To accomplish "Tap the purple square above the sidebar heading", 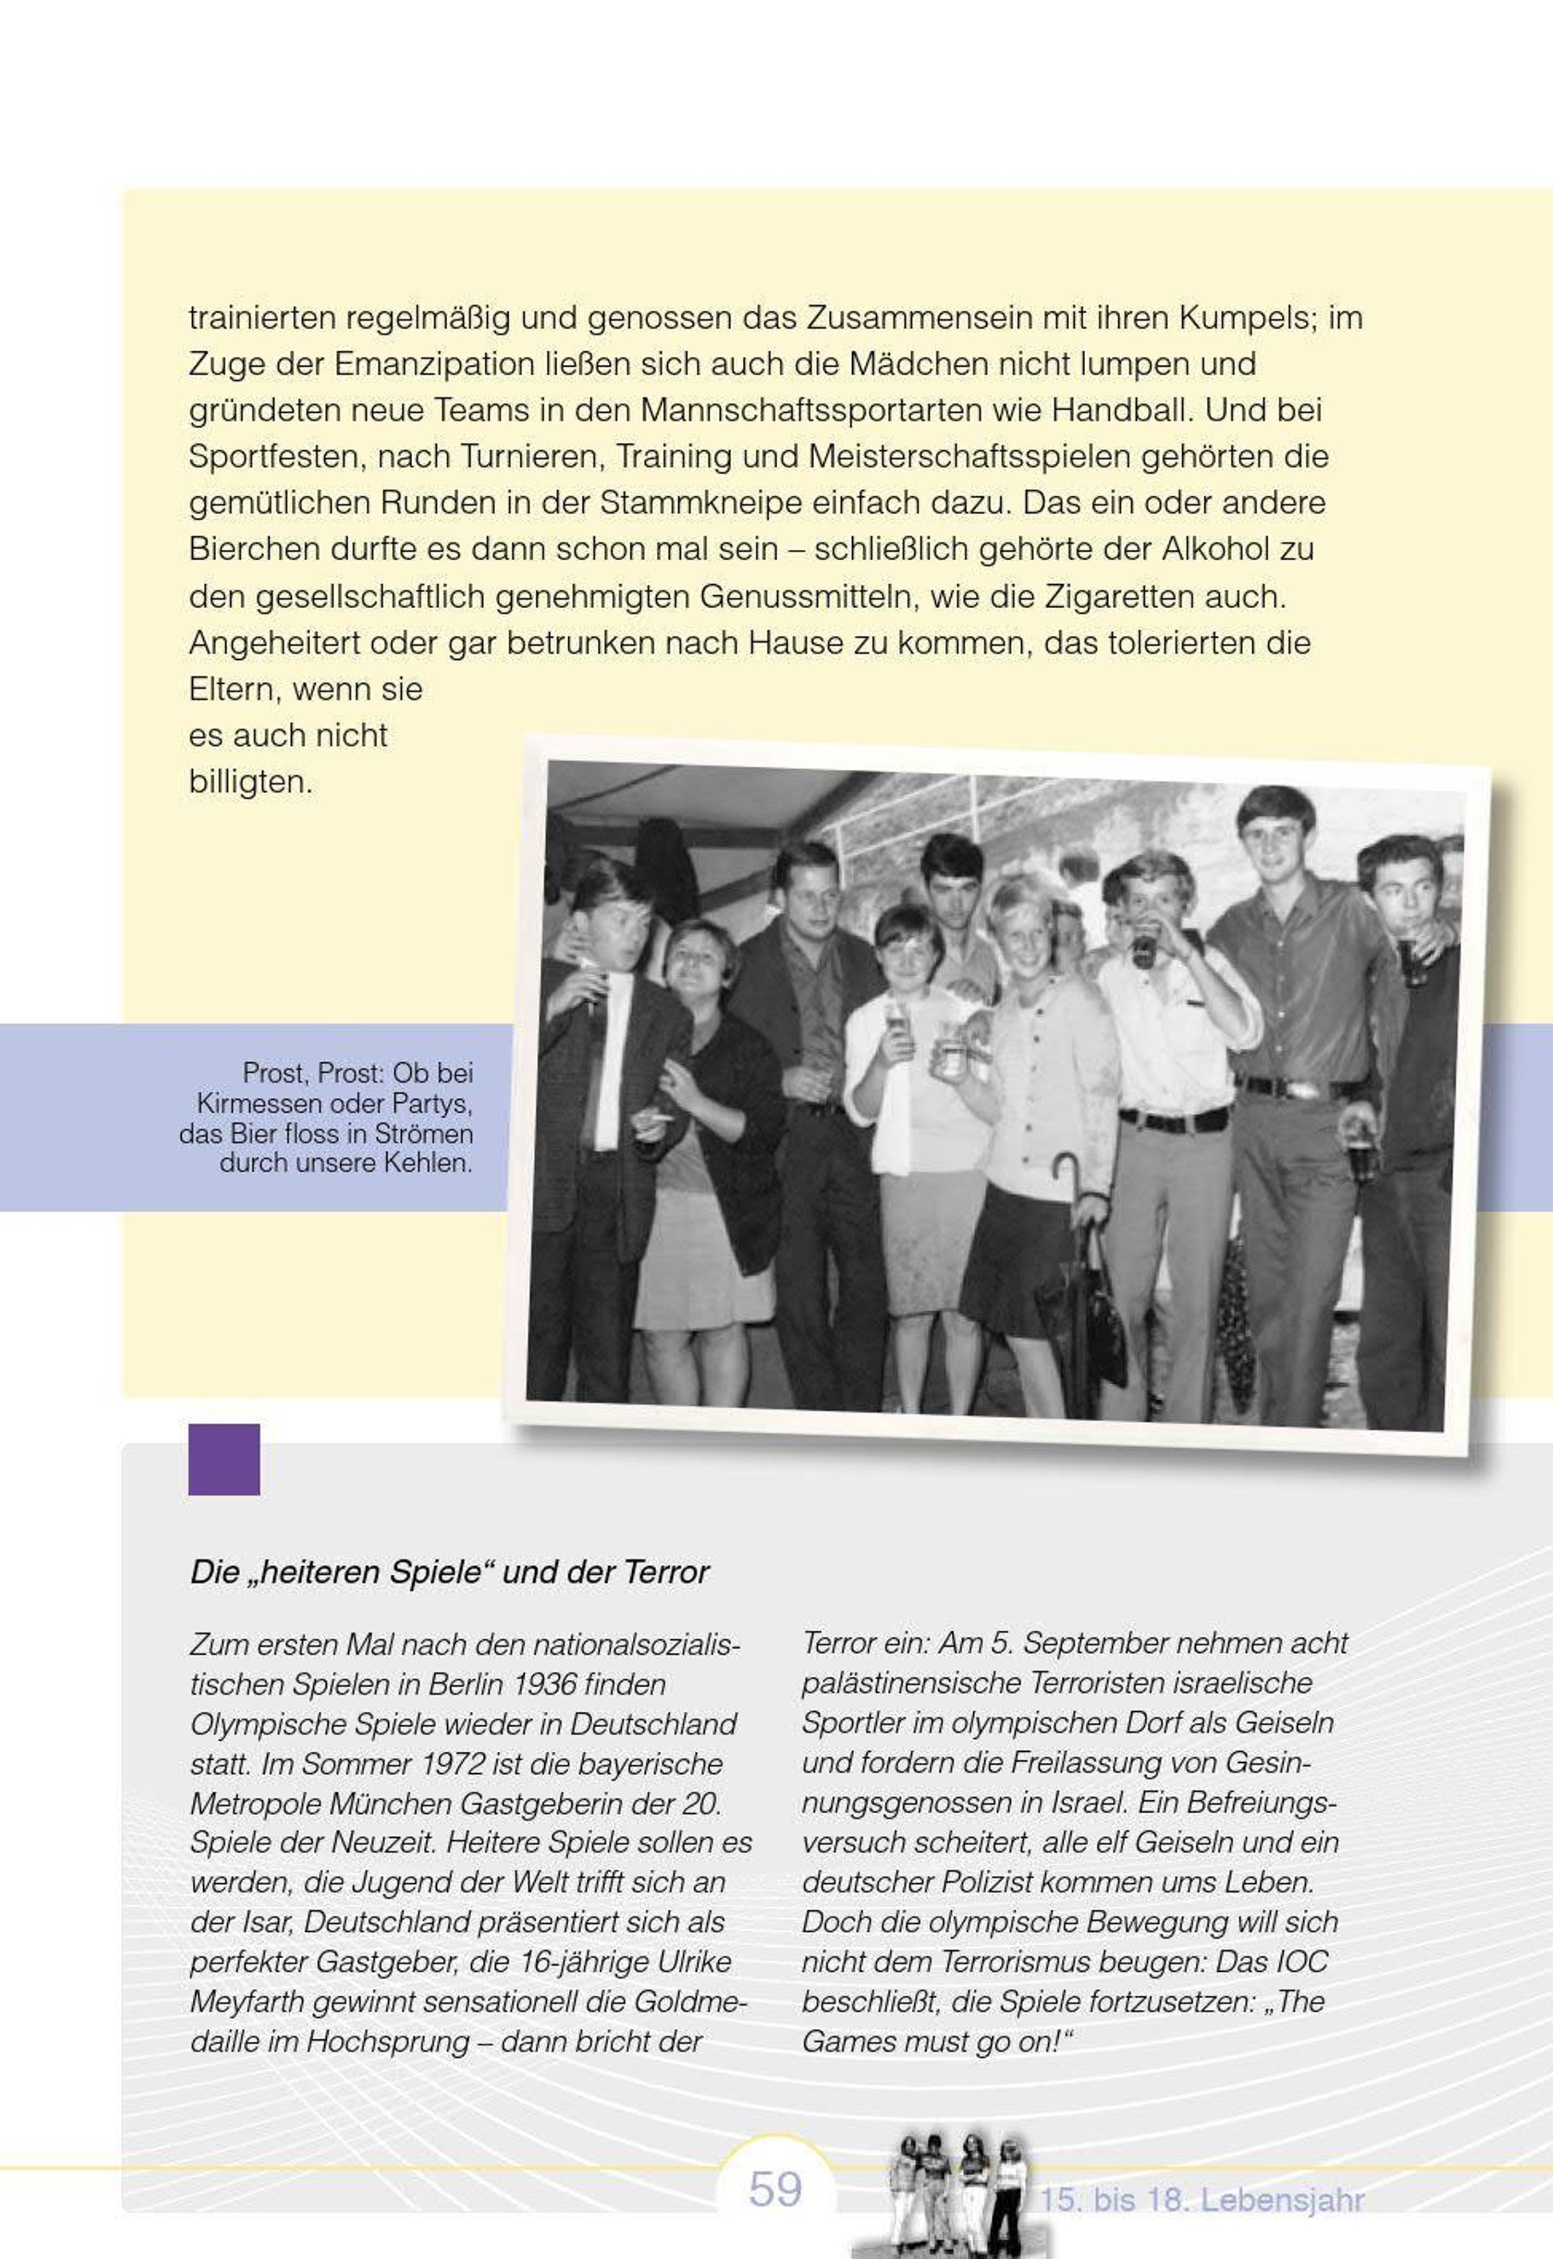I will pos(224,1459).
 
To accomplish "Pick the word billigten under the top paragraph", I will pos(250,782).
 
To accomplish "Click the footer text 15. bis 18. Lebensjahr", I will pos(1202,2199).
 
